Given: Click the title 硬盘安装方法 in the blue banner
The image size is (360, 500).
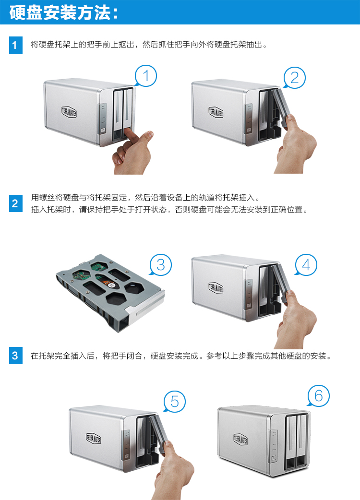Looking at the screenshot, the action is (60, 13).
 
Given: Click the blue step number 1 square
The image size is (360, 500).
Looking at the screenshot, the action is (16, 45).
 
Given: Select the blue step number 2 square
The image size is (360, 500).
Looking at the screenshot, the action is (16, 203).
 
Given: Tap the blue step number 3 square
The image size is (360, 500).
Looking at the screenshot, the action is (16, 355).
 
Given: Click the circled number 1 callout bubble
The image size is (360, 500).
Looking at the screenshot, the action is (146, 76).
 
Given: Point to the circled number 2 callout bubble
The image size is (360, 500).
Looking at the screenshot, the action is (294, 77).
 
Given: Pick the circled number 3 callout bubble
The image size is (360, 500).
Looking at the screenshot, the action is (161, 265).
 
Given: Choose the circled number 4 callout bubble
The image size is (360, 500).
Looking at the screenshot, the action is (306, 265).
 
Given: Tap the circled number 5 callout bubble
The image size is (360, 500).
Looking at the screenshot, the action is (174, 402).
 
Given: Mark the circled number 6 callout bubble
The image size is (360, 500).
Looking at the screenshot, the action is (318, 396).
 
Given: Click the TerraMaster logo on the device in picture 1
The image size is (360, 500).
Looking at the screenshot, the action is (69, 112).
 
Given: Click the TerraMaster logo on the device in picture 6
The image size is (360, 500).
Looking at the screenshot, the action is (240, 439).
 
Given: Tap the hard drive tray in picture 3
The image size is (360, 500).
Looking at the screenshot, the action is (110, 292).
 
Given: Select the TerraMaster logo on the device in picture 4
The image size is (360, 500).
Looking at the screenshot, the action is (216, 287).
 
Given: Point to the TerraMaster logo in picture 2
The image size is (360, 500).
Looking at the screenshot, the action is (216, 112).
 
